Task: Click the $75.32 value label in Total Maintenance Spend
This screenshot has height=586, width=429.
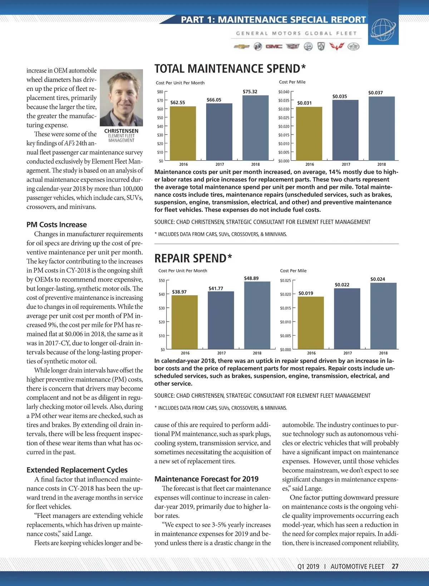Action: coord(250,92)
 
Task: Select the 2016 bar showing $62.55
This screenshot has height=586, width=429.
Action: coord(183,133)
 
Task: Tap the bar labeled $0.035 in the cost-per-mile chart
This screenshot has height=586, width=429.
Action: coord(345,130)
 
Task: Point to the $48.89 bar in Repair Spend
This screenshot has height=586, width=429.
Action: coord(257,315)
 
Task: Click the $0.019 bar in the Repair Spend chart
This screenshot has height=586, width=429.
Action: coord(311,323)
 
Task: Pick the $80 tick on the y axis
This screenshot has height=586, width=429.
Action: coord(160,92)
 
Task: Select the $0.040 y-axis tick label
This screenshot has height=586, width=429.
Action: coord(284,92)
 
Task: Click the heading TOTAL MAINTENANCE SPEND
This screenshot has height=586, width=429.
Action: coord(230,69)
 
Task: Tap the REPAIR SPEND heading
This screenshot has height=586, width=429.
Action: coord(193,258)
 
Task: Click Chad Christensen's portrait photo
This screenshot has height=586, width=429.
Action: coord(121,98)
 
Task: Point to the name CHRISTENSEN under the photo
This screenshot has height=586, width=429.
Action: coord(121,131)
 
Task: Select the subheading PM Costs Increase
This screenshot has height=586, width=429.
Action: coord(56,225)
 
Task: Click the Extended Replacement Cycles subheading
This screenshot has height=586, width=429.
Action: coord(77,470)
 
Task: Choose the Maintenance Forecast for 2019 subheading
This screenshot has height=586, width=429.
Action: coord(206,479)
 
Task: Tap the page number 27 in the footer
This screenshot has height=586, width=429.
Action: coord(395,566)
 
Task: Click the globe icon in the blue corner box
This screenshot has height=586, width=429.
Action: coord(383,30)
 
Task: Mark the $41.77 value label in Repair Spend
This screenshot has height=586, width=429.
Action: coord(216,288)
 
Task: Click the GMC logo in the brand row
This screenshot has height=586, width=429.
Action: coord(274,47)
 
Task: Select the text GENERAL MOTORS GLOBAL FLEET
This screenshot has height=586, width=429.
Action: coord(296,33)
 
